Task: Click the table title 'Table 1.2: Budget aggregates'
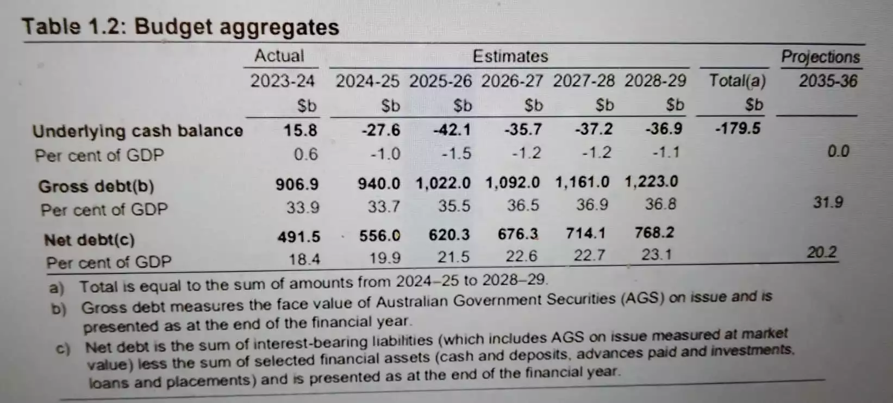pyautogui.click(x=180, y=27)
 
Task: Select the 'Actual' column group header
pyautogui.click(x=279, y=55)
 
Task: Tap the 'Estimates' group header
pyautogui.click(x=510, y=56)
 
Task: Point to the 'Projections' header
pyautogui.click(x=820, y=57)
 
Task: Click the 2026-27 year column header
pyautogui.click(x=511, y=81)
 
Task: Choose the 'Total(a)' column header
pyautogui.click(x=737, y=81)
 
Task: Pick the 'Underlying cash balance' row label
pyautogui.click(x=138, y=131)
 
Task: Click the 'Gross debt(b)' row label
pyautogui.click(x=96, y=187)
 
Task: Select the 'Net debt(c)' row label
pyautogui.click(x=89, y=239)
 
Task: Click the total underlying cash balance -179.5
pyautogui.click(x=738, y=129)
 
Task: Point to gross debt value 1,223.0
pyautogui.click(x=651, y=181)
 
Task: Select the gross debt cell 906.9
pyautogui.click(x=297, y=184)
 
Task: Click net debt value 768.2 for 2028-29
pyautogui.click(x=654, y=233)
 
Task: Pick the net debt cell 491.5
pyautogui.click(x=299, y=237)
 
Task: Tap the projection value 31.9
pyautogui.click(x=828, y=202)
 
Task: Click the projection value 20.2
pyautogui.click(x=821, y=252)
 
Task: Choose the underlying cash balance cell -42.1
pyautogui.click(x=452, y=130)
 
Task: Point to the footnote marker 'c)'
pyautogui.click(x=64, y=348)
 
